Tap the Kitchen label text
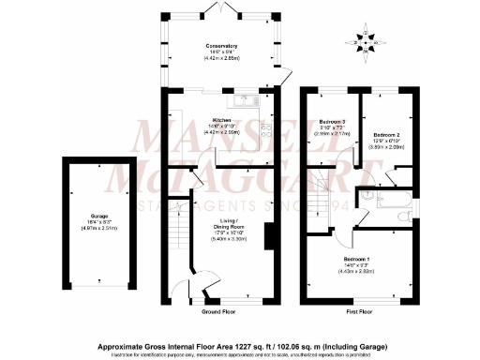click(x=222, y=121)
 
